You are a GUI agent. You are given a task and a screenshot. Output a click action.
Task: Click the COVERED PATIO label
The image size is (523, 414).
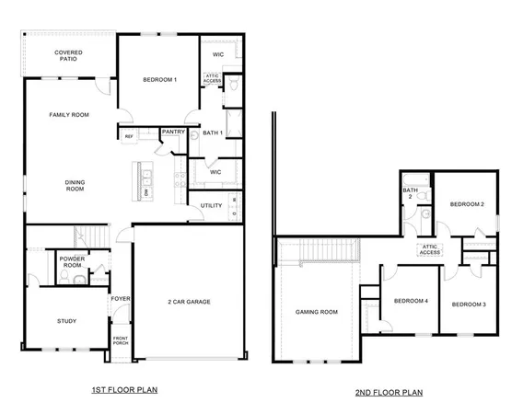pos(68,57)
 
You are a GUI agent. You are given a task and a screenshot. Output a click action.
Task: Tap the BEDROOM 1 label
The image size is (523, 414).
pos(160,81)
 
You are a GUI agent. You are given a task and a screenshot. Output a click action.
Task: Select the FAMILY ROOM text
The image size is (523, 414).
pos(69,115)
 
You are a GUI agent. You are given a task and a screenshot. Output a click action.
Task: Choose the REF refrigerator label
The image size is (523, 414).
pos(130,136)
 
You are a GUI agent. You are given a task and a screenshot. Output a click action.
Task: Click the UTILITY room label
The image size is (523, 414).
pos(211,205)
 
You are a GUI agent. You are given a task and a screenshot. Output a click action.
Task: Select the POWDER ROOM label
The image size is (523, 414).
pos(72,262)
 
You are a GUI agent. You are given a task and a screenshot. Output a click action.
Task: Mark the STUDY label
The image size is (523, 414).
pos(65,321)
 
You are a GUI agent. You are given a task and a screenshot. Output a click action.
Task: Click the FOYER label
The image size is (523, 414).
pos(121,299)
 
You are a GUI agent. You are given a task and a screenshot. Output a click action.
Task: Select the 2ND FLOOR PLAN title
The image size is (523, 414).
pos(389,392)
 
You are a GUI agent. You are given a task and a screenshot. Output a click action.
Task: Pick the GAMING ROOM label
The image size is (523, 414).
pos(316,312)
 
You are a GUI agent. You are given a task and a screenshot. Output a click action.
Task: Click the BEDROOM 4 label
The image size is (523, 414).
pos(411,301)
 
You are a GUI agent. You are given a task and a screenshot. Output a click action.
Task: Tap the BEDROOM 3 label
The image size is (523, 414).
pos(470,304)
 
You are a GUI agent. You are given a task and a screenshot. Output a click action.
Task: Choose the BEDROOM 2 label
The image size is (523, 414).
pos(467,203)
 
